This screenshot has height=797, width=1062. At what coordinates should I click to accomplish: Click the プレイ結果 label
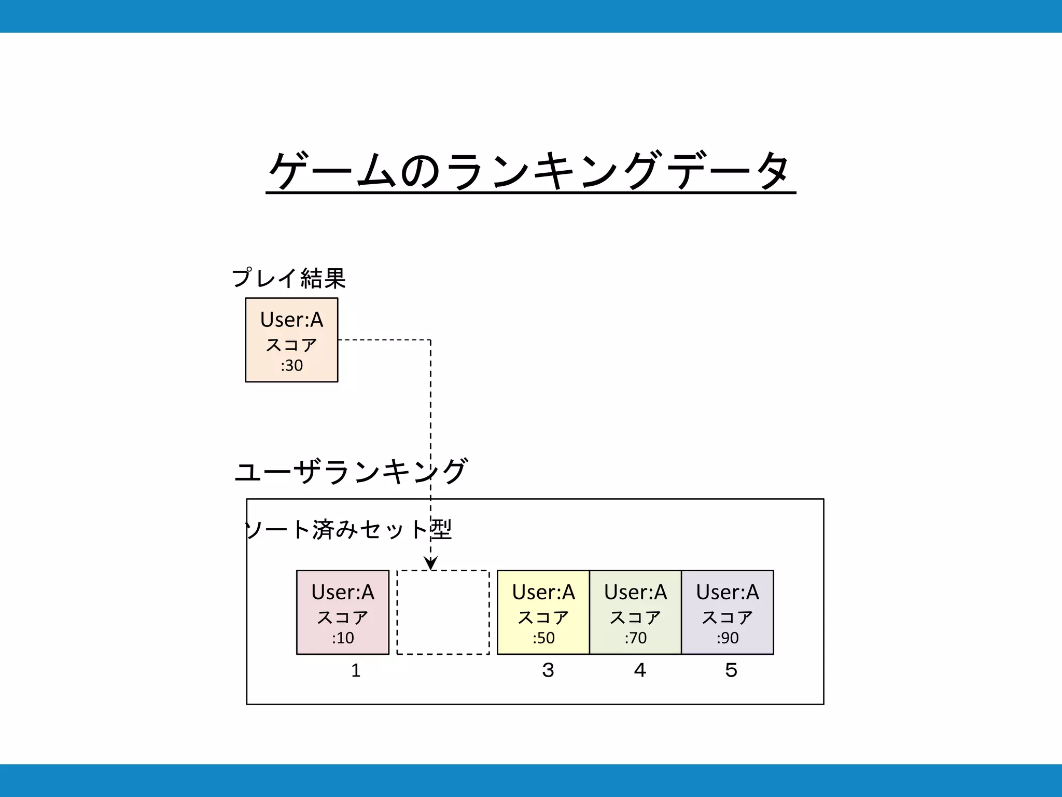pyautogui.click(x=289, y=279)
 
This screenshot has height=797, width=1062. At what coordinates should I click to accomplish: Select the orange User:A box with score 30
pyautogui.click(x=291, y=340)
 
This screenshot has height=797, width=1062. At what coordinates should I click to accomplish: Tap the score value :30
pyautogui.click(x=291, y=366)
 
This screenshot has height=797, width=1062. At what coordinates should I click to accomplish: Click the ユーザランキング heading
pyautogui.click(x=351, y=471)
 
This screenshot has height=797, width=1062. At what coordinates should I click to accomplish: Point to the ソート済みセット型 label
pyautogui.click(x=348, y=530)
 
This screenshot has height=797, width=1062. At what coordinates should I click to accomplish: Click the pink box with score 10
pyautogui.click(x=343, y=612)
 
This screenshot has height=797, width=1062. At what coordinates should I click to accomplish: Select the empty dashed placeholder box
pyautogui.click(x=443, y=612)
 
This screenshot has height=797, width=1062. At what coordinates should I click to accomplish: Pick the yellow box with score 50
pyautogui.click(x=543, y=612)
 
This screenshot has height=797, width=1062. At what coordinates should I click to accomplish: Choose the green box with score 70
pyautogui.click(x=635, y=612)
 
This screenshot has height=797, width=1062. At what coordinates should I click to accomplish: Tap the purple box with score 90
pyautogui.click(x=728, y=612)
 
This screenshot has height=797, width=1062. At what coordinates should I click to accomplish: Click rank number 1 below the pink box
pyautogui.click(x=356, y=670)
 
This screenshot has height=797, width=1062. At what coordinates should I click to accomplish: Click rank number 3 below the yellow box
pyautogui.click(x=548, y=670)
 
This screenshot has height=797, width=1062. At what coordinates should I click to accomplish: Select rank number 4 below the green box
pyautogui.click(x=640, y=670)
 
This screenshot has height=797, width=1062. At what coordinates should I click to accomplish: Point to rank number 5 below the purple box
pyautogui.click(x=731, y=670)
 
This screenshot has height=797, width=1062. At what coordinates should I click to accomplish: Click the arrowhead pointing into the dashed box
pyautogui.click(x=431, y=564)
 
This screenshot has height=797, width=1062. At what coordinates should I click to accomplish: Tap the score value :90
pyautogui.click(x=728, y=638)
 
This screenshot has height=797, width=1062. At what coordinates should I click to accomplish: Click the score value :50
pyautogui.click(x=543, y=638)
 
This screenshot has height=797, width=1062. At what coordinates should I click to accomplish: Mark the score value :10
pyautogui.click(x=343, y=638)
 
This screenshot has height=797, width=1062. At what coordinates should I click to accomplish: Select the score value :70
pyautogui.click(x=636, y=638)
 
